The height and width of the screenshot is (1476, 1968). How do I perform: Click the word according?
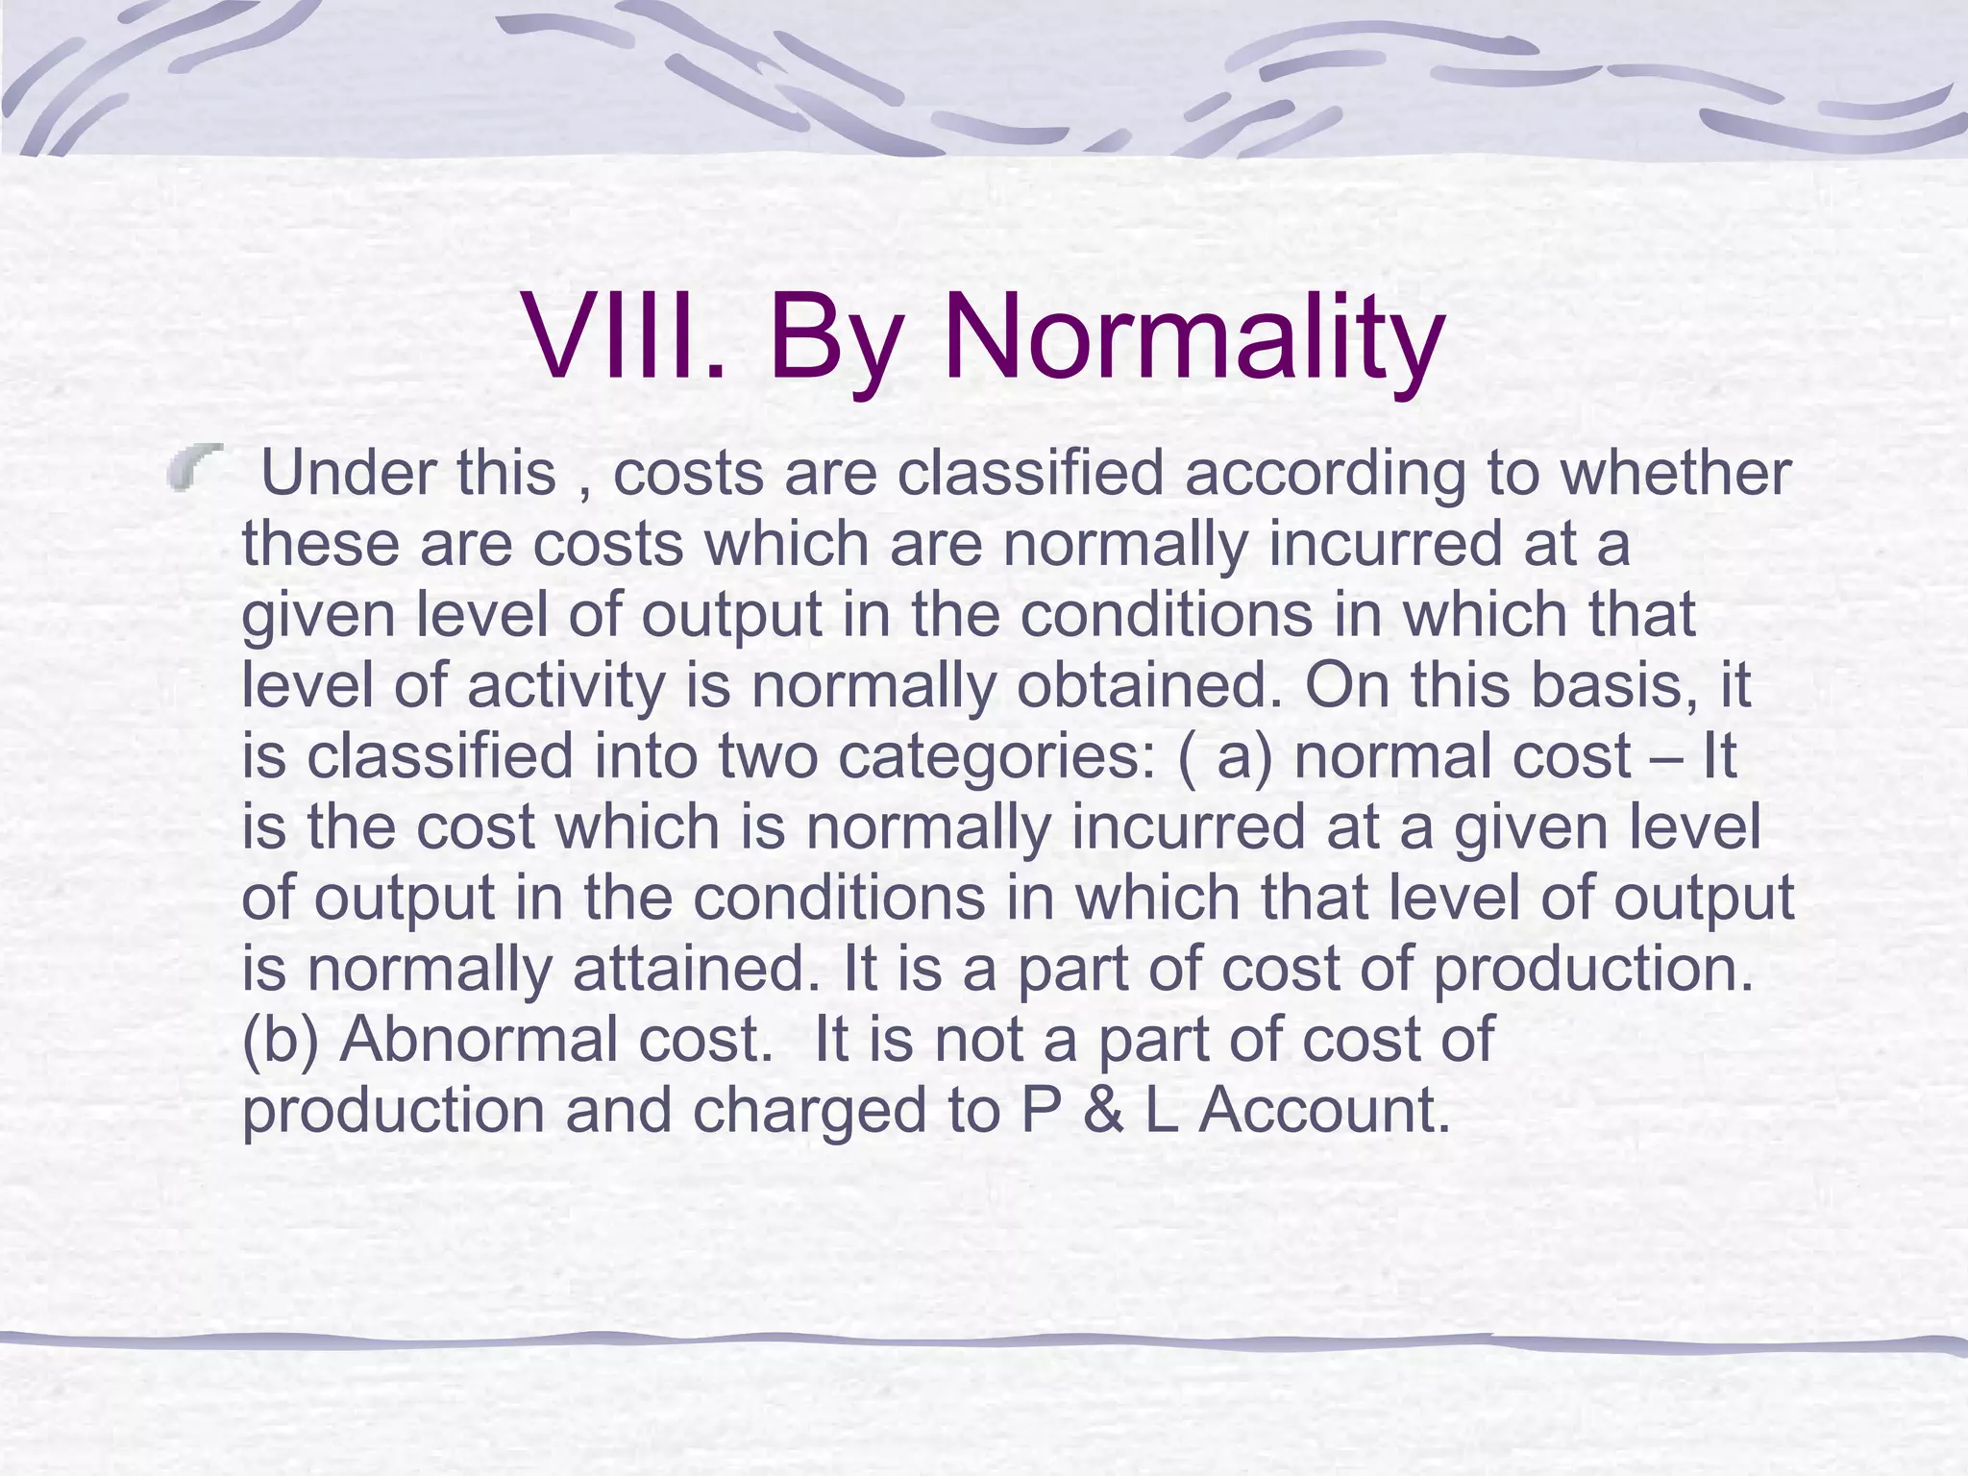[x=1325, y=475]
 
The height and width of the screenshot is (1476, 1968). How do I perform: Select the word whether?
[x=1676, y=473]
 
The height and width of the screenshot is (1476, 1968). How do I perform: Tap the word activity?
[x=566, y=686]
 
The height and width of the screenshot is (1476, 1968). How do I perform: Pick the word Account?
[x=1324, y=1110]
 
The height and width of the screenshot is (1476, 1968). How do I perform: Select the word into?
[x=646, y=755]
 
